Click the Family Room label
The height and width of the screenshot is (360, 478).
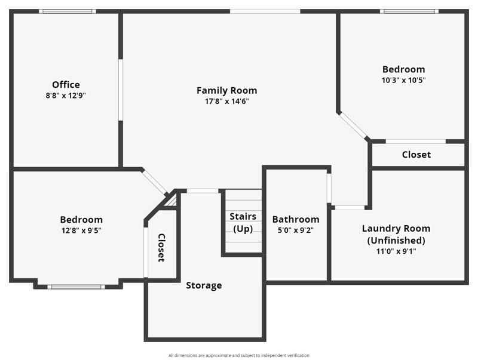pos(226,91)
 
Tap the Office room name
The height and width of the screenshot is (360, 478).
pos(66,85)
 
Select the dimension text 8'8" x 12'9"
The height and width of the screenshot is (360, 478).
pos(66,95)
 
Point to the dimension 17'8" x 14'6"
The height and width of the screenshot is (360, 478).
pos(226,101)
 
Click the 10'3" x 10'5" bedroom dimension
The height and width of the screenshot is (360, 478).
pos(404,79)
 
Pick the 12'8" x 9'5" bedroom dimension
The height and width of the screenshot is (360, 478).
pos(81,230)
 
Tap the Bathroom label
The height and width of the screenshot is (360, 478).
pos(296,220)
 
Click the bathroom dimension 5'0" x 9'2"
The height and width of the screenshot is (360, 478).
pos(296,230)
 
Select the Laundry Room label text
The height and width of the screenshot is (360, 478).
pos(396,229)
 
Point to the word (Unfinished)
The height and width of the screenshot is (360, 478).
pos(396,241)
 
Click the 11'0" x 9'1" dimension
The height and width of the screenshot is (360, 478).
pos(396,251)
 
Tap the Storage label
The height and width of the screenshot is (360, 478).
pos(204,285)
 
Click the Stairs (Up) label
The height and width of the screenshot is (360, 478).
pos(243,223)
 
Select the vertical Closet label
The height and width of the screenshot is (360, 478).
pos(161,248)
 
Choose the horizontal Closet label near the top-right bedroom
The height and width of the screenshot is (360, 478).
pos(416,155)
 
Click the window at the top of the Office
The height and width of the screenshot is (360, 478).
pos(67,11)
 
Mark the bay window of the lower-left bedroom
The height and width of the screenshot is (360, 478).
pos(76,287)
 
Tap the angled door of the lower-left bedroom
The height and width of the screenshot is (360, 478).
pos(155,182)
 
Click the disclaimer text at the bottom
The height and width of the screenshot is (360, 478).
pos(239,355)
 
